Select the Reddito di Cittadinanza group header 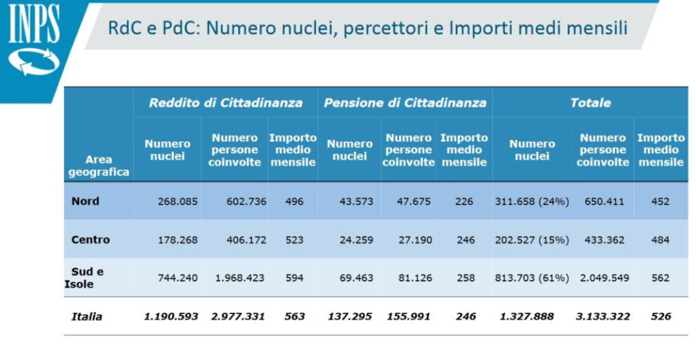click(225, 103)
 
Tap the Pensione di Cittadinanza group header click(405, 103)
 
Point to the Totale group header click(590, 103)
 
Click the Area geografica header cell click(99, 165)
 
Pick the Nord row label click(85, 201)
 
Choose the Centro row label click(90, 240)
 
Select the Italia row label click(87, 317)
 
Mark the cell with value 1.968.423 click(239, 278)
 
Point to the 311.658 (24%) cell click(532, 202)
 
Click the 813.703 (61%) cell click(532, 278)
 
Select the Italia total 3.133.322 click(603, 317)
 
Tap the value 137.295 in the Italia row click(349, 317)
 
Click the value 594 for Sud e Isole click(294, 278)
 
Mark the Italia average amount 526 click(660, 317)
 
